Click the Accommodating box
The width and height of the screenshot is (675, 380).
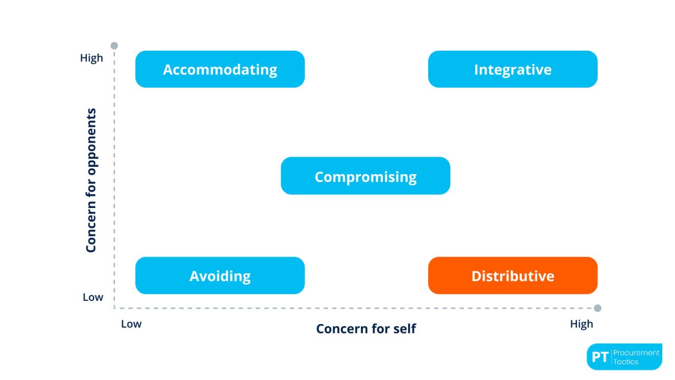(220, 69)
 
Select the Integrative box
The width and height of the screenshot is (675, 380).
(513, 69)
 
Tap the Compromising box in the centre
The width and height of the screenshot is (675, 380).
(365, 176)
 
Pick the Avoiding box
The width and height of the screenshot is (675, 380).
(220, 275)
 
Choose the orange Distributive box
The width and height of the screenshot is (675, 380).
(513, 275)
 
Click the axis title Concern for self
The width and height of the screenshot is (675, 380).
(366, 329)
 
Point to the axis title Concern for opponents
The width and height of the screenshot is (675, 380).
(91, 180)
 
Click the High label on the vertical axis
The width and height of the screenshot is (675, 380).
(92, 58)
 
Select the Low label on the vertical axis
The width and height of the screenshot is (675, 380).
(93, 297)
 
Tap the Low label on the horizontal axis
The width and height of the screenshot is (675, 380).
(131, 324)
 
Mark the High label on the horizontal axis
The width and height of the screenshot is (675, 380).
(581, 324)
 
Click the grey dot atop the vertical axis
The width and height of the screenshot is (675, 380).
(114, 46)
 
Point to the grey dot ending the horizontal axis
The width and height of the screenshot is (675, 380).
(597, 308)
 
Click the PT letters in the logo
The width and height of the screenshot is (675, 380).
(600, 357)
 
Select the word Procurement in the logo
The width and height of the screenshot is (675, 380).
(637, 353)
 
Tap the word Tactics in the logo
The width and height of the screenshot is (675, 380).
(626, 362)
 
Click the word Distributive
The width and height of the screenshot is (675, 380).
(513, 275)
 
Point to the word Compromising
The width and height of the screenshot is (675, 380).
(365, 177)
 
